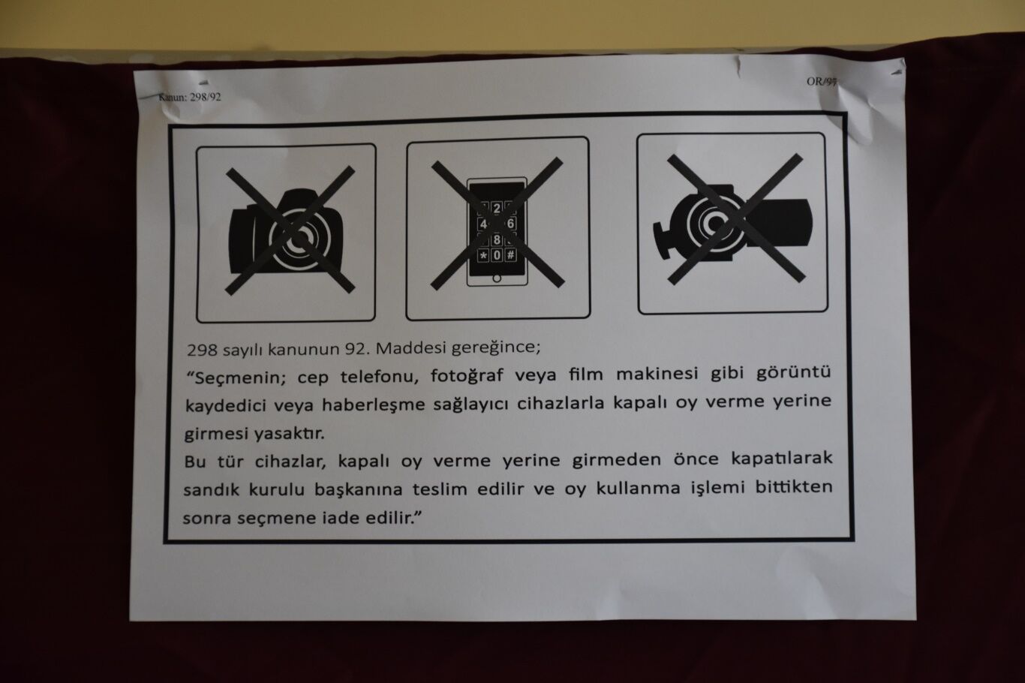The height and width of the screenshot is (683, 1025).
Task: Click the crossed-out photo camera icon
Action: [x=287, y=233]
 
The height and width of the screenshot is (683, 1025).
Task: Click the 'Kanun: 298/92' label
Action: [x=190, y=97]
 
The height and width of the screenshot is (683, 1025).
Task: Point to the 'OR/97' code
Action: [x=822, y=82]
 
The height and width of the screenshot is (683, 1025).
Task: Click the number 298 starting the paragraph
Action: [x=202, y=351]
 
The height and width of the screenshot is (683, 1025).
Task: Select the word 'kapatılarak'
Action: [x=782, y=459]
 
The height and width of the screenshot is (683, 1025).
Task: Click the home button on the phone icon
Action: [x=497, y=278]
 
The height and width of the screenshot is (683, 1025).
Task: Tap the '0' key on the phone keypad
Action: [x=497, y=255]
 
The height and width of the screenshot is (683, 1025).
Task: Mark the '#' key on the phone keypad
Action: [x=510, y=254]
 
